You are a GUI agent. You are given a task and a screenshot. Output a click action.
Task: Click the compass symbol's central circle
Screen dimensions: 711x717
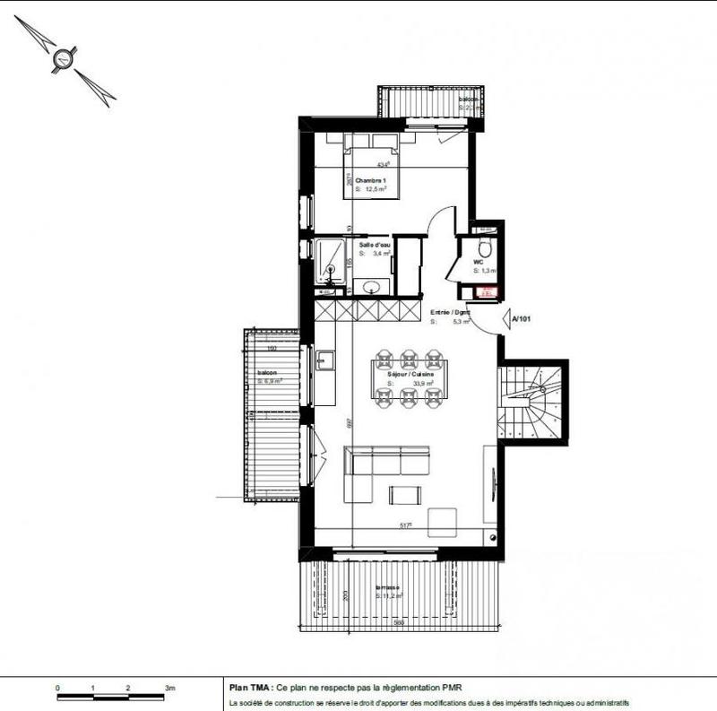(x=63, y=60)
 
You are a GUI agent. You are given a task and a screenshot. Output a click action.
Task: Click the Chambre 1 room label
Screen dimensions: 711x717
(x=370, y=181)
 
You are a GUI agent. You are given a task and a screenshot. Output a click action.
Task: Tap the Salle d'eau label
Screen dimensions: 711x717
(x=375, y=245)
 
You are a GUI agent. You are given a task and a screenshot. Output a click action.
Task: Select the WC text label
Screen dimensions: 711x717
(x=479, y=263)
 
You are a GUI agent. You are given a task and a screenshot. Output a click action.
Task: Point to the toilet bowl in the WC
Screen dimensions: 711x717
(x=485, y=247)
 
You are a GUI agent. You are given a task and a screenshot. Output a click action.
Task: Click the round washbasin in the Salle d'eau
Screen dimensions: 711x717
(x=370, y=287)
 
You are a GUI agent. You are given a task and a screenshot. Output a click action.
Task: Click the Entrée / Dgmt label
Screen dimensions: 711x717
(x=450, y=313)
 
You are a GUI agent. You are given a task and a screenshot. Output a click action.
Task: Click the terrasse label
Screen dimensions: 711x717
(x=389, y=587)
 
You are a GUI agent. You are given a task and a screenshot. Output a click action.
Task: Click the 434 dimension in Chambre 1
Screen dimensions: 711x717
(x=384, y=164)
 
